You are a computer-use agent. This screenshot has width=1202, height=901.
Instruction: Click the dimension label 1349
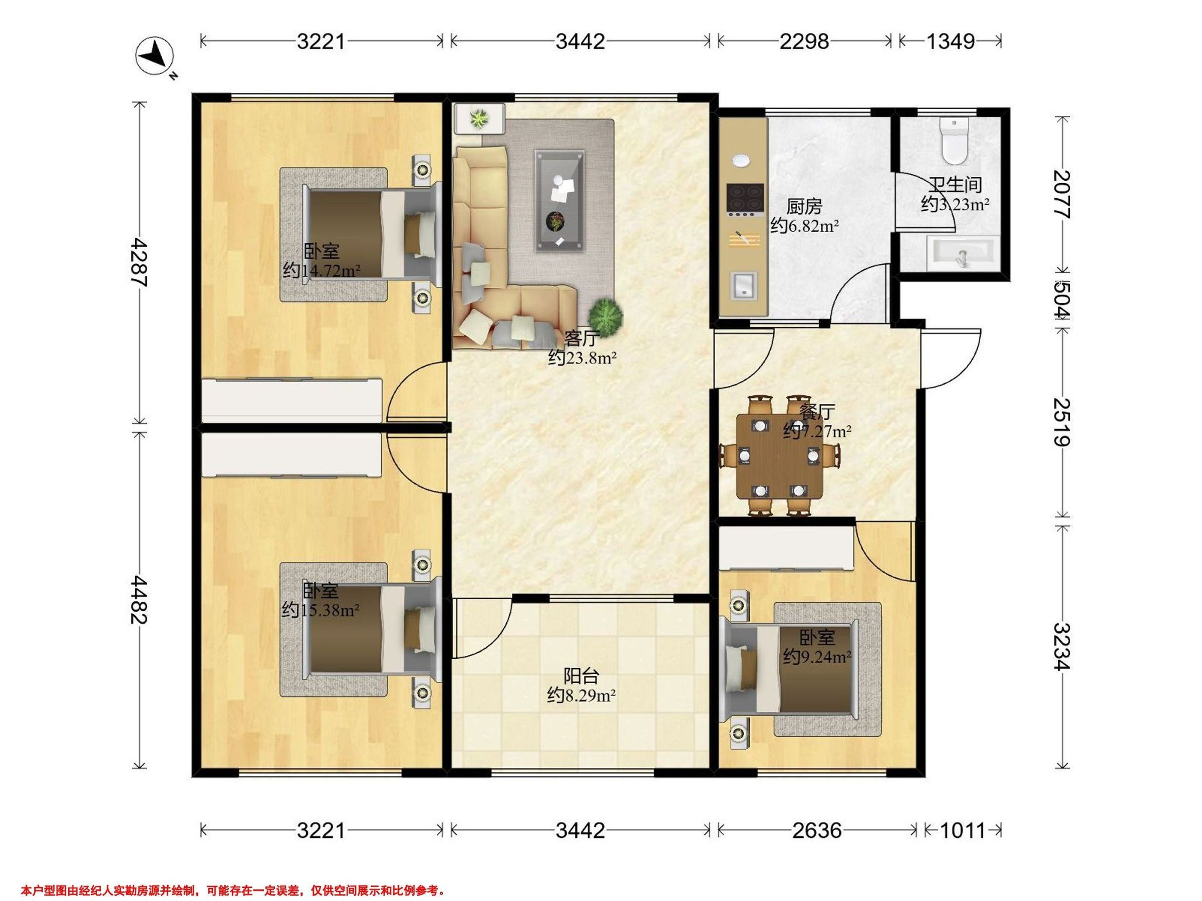(x=950, y=41)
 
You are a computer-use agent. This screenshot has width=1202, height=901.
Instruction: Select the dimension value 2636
(x=817, y=830)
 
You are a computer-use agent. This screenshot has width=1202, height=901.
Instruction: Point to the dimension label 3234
(x=1063, y=646)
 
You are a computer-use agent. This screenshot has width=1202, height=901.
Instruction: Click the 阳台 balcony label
(x=581, y=676)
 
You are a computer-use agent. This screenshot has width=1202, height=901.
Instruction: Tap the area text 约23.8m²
(x=582, y=358)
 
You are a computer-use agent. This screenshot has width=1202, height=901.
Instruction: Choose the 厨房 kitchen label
(x=804, y=207)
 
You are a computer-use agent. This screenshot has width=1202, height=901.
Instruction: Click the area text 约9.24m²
(x=817, y=657)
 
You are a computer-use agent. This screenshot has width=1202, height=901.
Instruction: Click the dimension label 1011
(x=963, y=830)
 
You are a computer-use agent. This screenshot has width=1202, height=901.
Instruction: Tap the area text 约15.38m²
(x=321, y=611)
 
